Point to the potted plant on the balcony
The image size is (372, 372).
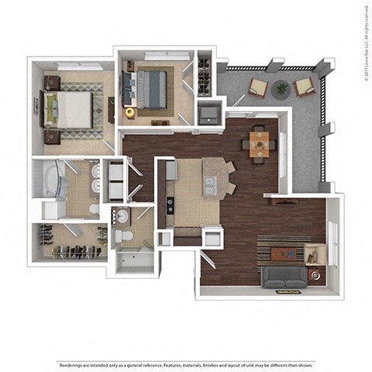(x=281, y=88)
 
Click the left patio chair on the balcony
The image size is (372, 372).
(x=259, y=88)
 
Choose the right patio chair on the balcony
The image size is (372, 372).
(x=304, y=85)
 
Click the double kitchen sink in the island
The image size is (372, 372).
(x=211, y=184)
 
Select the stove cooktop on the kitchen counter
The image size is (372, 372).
(x=170, y=205)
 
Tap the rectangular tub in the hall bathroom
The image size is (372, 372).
(x=136, y=260)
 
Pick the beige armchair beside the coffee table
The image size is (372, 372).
(x=315, y=253)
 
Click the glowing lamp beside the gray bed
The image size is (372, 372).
(x=129, y=113)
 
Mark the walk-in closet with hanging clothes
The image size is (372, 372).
(x=70, y=242)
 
